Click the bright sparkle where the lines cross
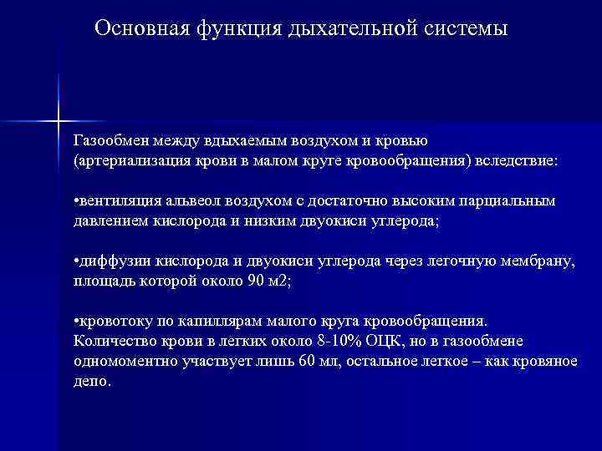click(59, 122)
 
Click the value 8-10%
click(334, 342)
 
